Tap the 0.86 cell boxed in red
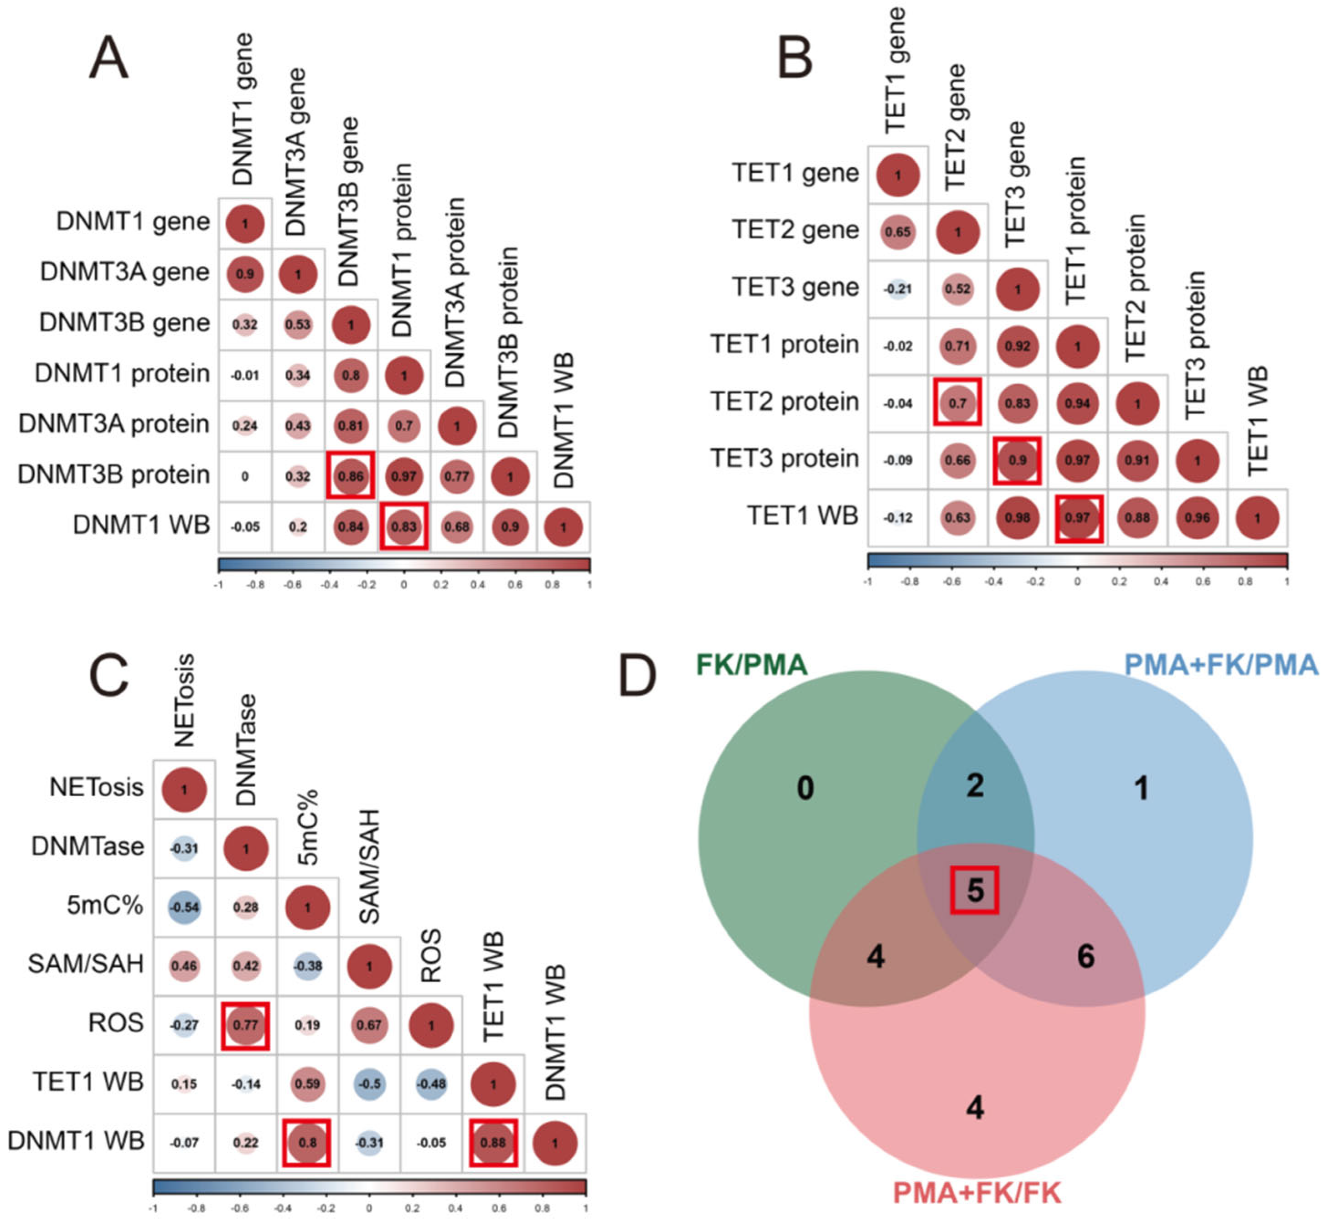351,475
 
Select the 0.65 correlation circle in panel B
898,232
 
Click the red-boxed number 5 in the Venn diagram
975,890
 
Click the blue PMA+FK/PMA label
1220,665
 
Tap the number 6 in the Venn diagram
1086,956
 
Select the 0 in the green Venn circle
805,788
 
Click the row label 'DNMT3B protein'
114,475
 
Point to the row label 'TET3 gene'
796,288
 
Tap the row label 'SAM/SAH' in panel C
86,964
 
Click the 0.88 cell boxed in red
493,1142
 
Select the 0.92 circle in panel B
1017,346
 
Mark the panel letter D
637,676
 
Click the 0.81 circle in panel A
351,425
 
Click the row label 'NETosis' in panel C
96,788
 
